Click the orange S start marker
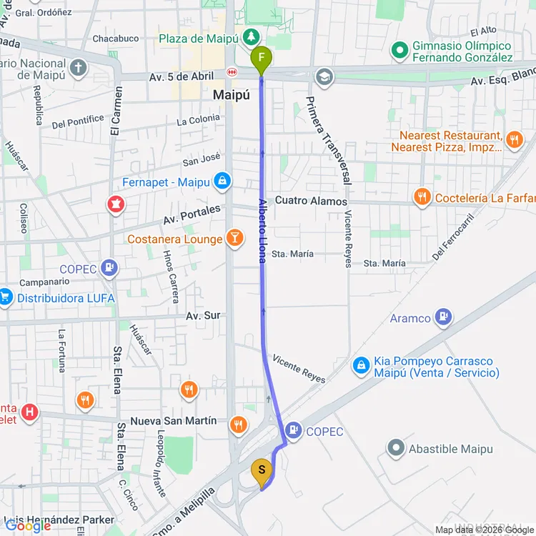tap(262, 470)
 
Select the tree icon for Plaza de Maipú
tap(251, 36)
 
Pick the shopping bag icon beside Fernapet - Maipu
tap(223, 182)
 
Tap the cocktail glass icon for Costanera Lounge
tap(234, 239)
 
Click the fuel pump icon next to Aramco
tap(443, 318)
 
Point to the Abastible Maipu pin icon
tap(396, 449)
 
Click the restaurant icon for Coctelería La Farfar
tap(422, 198)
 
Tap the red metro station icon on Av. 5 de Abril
tap(232, 73)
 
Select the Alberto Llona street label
tap(263, 230)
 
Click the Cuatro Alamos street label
tap(311, 201)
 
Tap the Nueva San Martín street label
tap(174, 421)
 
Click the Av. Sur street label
tap(203, 315)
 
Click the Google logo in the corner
tap(28, 525)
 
